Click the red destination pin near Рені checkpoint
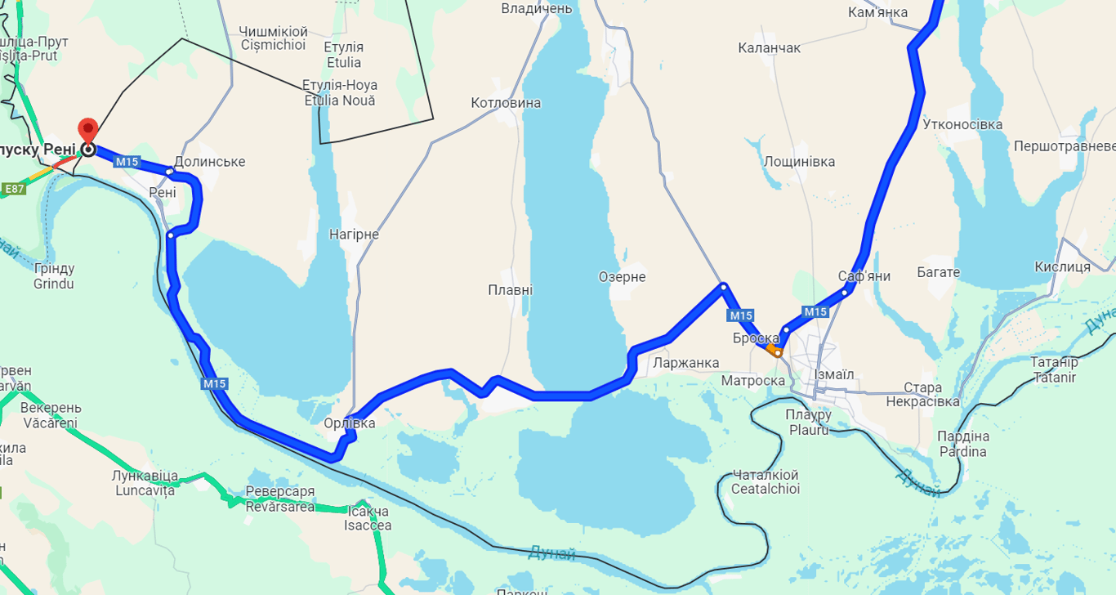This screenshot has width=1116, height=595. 87,132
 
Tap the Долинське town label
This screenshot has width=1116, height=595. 210,162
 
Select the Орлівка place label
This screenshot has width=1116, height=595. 350,423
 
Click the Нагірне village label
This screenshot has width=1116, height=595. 354,235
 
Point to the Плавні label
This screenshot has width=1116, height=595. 510,290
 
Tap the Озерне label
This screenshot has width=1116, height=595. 622,277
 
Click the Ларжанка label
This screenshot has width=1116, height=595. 686,363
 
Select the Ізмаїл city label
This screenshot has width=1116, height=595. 833,374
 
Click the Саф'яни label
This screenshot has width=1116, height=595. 864,276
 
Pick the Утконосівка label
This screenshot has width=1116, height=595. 962,125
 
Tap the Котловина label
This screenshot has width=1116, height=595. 506,103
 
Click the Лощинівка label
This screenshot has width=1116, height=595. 799,162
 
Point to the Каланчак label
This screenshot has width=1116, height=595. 769,48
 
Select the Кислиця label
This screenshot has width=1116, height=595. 1062,267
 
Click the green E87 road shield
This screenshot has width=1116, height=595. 14,190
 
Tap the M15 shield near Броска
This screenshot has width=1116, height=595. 741,315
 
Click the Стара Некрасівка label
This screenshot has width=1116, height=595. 922,395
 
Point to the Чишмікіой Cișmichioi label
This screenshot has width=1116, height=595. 272,38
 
